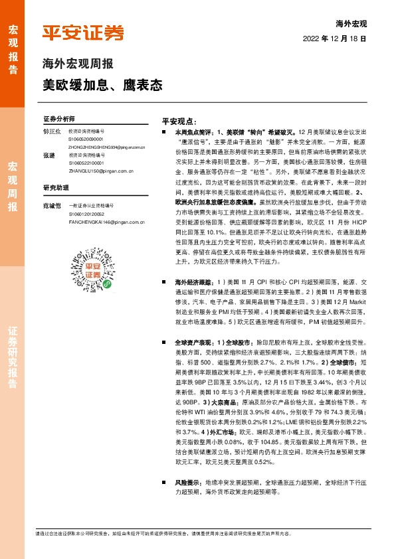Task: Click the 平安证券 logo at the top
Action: coord(83,33)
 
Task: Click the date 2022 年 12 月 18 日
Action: coord(340,39)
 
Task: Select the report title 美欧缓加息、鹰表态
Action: coord(102,86)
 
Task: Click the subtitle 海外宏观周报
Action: coord(78,65)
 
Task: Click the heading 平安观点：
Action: coord(181,123)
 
